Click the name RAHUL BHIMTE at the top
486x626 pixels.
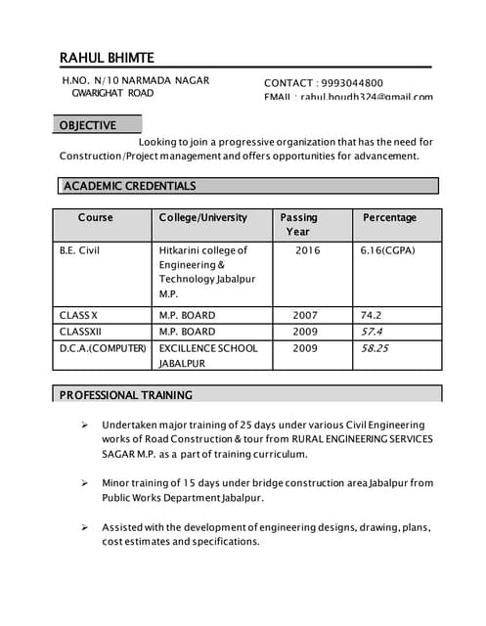(107, 58)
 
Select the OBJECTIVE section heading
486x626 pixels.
(88, 125)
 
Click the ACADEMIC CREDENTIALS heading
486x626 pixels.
(129, 186)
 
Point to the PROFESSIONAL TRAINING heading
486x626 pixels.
(126, 395)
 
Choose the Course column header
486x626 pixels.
(96, 217)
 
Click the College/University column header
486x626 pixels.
(203, 217)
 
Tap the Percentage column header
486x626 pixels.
(389, 217)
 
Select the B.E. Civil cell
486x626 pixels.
(79, 250)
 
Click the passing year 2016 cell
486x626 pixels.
(307, 250)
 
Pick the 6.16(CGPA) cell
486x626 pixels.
(388, 250)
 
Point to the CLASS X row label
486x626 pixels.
(78, 315)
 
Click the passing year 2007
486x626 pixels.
(305, 315)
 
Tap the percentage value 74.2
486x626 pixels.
(371, 315)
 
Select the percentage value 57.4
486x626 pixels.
(372, 332)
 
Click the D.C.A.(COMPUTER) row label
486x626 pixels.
(104, 348)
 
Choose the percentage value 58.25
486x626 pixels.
(375, 348)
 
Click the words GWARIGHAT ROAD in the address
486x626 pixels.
(113, 93)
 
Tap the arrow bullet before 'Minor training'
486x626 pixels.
(85, 483)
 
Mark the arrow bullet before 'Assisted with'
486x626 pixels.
(85, 527)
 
